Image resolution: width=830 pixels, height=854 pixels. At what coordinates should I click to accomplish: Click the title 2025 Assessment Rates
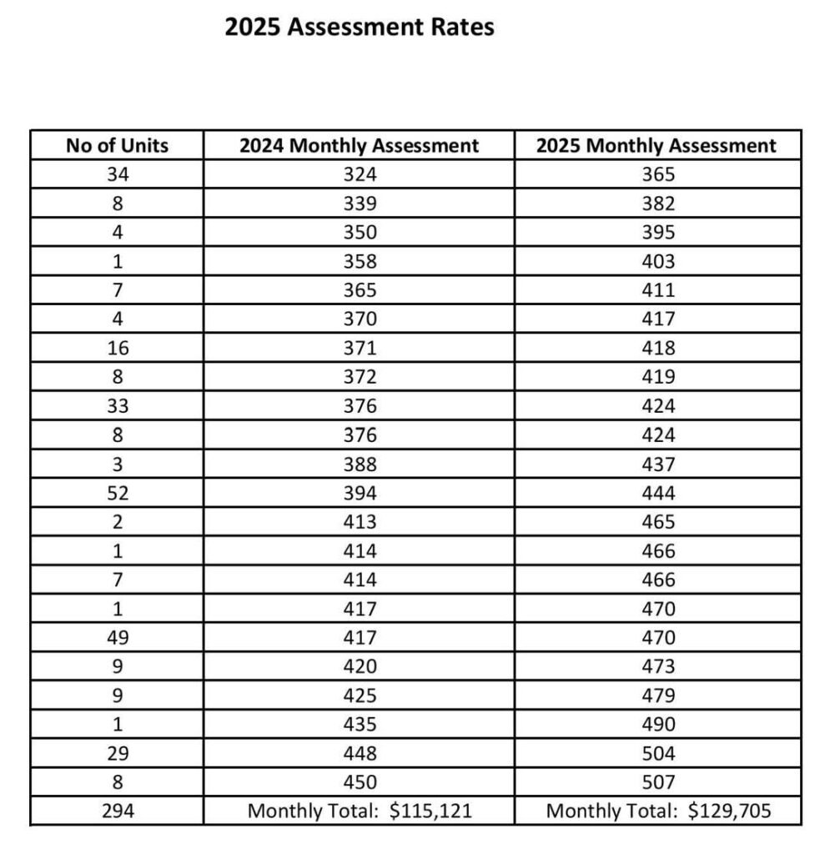(x=360, y=28)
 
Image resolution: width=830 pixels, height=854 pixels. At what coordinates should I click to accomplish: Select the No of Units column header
(x=117, y=146)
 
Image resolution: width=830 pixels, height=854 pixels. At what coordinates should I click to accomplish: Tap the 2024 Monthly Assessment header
(x=359, y=146)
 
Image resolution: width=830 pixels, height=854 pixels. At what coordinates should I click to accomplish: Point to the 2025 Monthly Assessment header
(x=656, y=146)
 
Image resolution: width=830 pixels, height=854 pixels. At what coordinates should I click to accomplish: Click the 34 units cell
(x=117, y=175)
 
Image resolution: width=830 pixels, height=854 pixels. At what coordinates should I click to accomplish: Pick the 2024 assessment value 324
(x=359, y=175)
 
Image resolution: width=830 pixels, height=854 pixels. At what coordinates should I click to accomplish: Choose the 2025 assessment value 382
(x=656, y=204)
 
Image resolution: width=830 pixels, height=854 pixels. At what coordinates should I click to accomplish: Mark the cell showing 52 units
(x=117, y=494)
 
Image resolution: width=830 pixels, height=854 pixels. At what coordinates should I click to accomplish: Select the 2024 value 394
(x=359, y=494)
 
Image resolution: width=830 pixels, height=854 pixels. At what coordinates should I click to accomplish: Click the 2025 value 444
(x=656, y=494)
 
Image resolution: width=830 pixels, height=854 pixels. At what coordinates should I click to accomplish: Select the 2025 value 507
(x=656, y=783)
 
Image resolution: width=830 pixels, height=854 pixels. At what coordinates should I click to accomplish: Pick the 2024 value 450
(x=359, y=783)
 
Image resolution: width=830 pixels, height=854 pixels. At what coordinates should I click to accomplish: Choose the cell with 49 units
(x=117, y=638)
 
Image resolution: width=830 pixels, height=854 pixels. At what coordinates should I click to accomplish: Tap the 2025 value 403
(x=656, y=262)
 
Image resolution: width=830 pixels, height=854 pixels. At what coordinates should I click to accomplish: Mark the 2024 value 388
(x=359, y=465)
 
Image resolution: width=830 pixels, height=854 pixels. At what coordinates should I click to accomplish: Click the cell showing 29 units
(x=117, y=754)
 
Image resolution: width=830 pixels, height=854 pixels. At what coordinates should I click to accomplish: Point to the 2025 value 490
(x=656, y=725)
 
